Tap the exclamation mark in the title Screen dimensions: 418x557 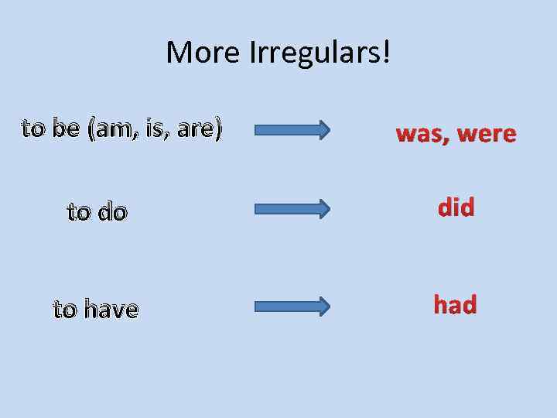click(x=385, y=52)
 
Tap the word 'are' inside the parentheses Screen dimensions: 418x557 click(x=195, y=129)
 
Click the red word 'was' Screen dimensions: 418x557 click(x=421, y=135)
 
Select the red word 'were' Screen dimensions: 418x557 click(x=487, y=135)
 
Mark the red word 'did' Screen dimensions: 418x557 click(x=456, y=207)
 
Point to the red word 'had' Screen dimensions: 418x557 click(x=455, y=305)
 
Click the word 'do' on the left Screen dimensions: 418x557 click(x=111, y=211)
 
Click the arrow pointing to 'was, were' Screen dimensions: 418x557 click(x=292, y=128)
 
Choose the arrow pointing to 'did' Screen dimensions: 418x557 click(x=292, y=208)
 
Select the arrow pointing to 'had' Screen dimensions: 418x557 click(x=292, y=307)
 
